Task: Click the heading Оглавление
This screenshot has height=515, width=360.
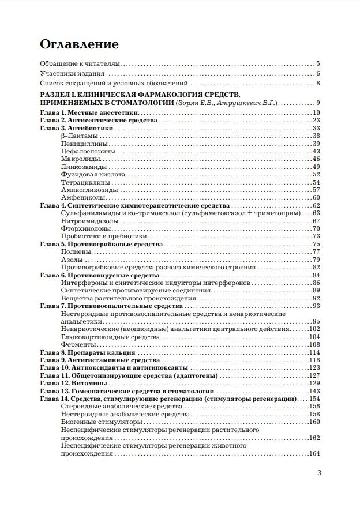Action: click(x=79, y=44)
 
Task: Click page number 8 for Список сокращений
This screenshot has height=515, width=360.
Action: click(x=318, y=84)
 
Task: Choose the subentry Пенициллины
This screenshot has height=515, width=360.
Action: click(x=81, y=144)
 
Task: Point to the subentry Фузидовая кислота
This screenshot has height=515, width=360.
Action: click(x=89, y=174)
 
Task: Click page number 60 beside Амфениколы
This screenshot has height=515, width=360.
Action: click(x=316, y=198)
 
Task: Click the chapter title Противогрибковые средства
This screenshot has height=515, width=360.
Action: click(x=114, y=245)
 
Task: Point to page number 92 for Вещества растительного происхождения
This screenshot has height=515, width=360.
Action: click(x=316, y=298)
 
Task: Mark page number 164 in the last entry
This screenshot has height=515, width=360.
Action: click(x=314, y=454)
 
